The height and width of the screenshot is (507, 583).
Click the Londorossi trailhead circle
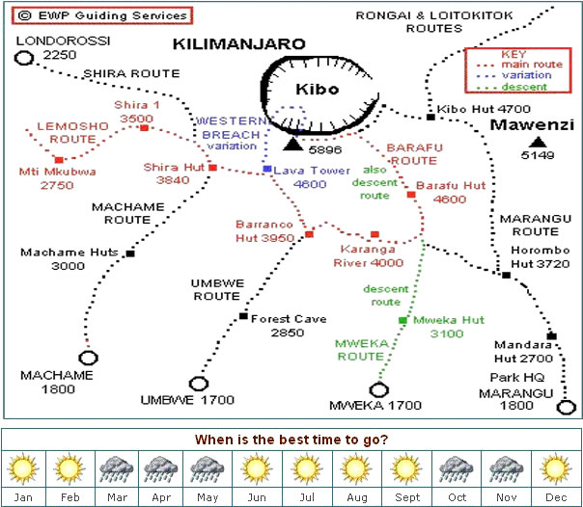pyautogui.click(x=24, y=58)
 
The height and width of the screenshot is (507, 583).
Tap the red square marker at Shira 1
pyautogui.click(x=144, y=128)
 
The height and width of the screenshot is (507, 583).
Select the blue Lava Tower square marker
pyautogui.click(x=267, y=169)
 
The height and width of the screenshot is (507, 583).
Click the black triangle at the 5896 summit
pyautogui.click(x=293, y=144)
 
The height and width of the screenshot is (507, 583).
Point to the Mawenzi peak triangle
pyautogui.click(x=538, y=142)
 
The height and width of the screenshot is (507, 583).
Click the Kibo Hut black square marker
pyautogui.click(x=430, y=118)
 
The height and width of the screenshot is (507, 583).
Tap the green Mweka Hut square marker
pyautogui.click(x=403, y=320)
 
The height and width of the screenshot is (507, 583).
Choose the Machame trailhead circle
pyautogui.click(x=88, y=358)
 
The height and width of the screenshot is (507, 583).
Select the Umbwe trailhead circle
pyautogui.click(x=199, y=384)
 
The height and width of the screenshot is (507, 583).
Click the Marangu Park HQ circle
pyautogui.click(x=566, y=407)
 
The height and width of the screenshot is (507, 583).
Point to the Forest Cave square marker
pyautogui.click(x=243, y=316)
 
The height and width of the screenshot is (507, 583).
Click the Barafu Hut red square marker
pyautogui.click(x=411, y=195)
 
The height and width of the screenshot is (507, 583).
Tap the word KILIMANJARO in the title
pyautogui.click(x=239, y=44)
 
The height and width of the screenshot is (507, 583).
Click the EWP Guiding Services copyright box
pyautogui.click(x=102, y=15)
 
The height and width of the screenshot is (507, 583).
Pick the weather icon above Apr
pyautogui.click(x=161, y=469)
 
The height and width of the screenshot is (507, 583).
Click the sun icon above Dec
pyautogui.click(x=555, y=468)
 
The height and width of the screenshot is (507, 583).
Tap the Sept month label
pyautogui.click(x=407, y=497)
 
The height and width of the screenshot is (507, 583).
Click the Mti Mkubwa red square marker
pyautogui.click(x=59, y=160)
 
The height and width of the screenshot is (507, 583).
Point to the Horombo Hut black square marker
pyautogui.click(x=506, y=275)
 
